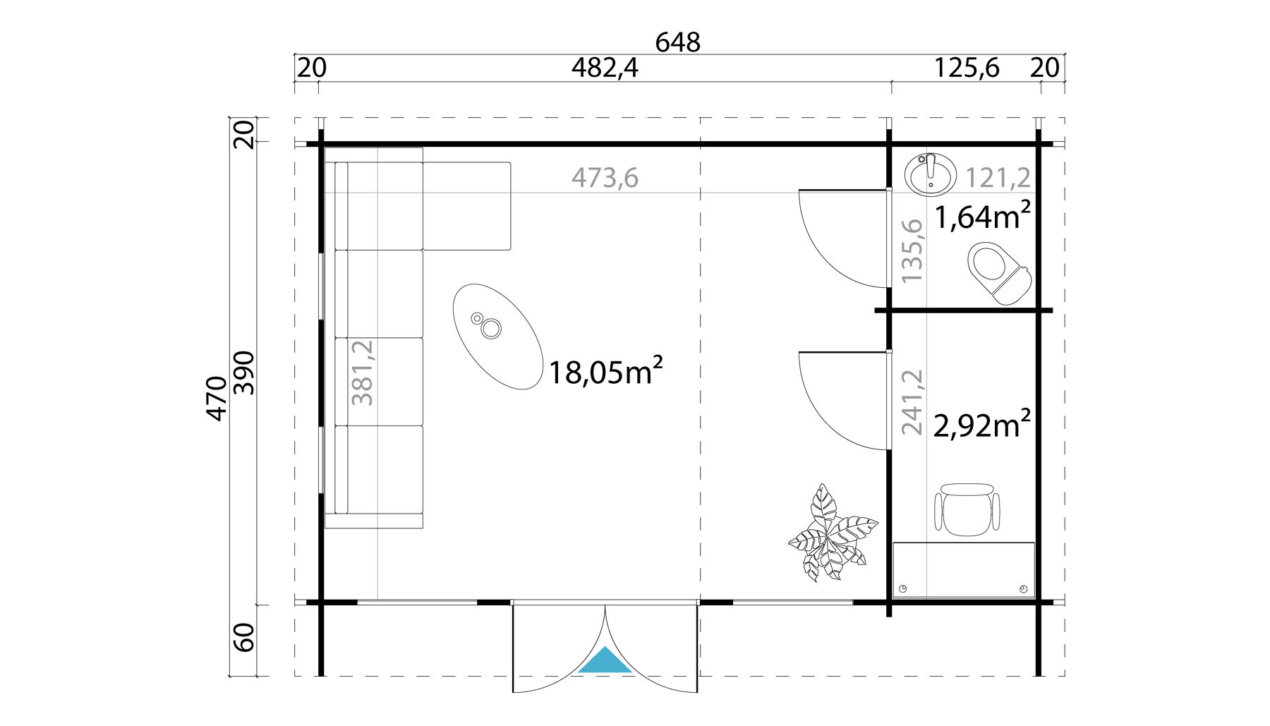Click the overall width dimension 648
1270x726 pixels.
(x=677, y=42)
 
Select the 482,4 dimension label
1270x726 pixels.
(x=605, y=68)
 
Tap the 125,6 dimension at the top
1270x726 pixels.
(x=967, y=68)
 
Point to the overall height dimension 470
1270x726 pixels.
(x=217, y=399)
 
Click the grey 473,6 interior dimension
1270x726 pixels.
(x=605, y=178)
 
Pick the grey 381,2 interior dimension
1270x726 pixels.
(x=363, y=372)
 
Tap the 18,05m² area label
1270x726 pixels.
(x=605, y=372)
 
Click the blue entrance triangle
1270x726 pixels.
(x=605, y=661)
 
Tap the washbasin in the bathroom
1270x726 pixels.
(x=930, y=174)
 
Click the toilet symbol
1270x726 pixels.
(x=998, y=274)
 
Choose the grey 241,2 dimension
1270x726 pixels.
(x=912, y=401)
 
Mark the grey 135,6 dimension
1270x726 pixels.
(x=912, y=250)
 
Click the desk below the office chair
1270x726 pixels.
(x=963, y=570)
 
